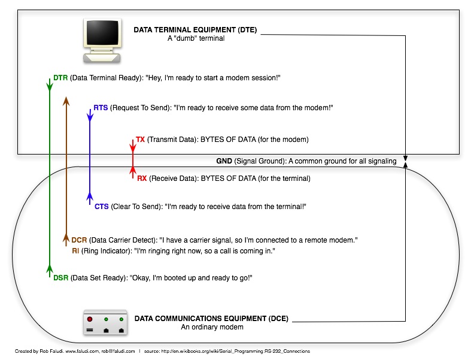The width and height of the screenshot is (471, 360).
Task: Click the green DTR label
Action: [60, 78]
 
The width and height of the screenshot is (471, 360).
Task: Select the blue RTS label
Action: [101, 108]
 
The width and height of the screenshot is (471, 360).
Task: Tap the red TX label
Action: [140, 140]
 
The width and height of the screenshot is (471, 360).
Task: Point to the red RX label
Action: [142, 179]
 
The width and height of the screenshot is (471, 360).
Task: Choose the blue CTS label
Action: [102, 207]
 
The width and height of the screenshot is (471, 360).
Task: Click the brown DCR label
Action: [79, 240]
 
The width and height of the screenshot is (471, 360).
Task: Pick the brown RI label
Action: [75, 251]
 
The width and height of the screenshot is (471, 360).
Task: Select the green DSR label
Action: [60, 278]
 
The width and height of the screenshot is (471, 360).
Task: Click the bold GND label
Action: [224, 161]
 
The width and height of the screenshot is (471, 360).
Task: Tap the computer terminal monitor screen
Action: [102, 32]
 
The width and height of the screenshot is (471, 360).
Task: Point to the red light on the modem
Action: [90, 319]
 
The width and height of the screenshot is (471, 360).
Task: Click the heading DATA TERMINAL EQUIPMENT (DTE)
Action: [195, 30]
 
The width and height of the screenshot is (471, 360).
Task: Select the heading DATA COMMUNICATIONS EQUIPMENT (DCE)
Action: [211, 319]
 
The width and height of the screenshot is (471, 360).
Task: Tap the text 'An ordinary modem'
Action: [212, 327]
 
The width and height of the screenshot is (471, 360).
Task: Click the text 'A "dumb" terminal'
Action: [196, 38]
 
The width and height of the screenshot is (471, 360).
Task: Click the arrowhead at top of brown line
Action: [66, 101]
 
